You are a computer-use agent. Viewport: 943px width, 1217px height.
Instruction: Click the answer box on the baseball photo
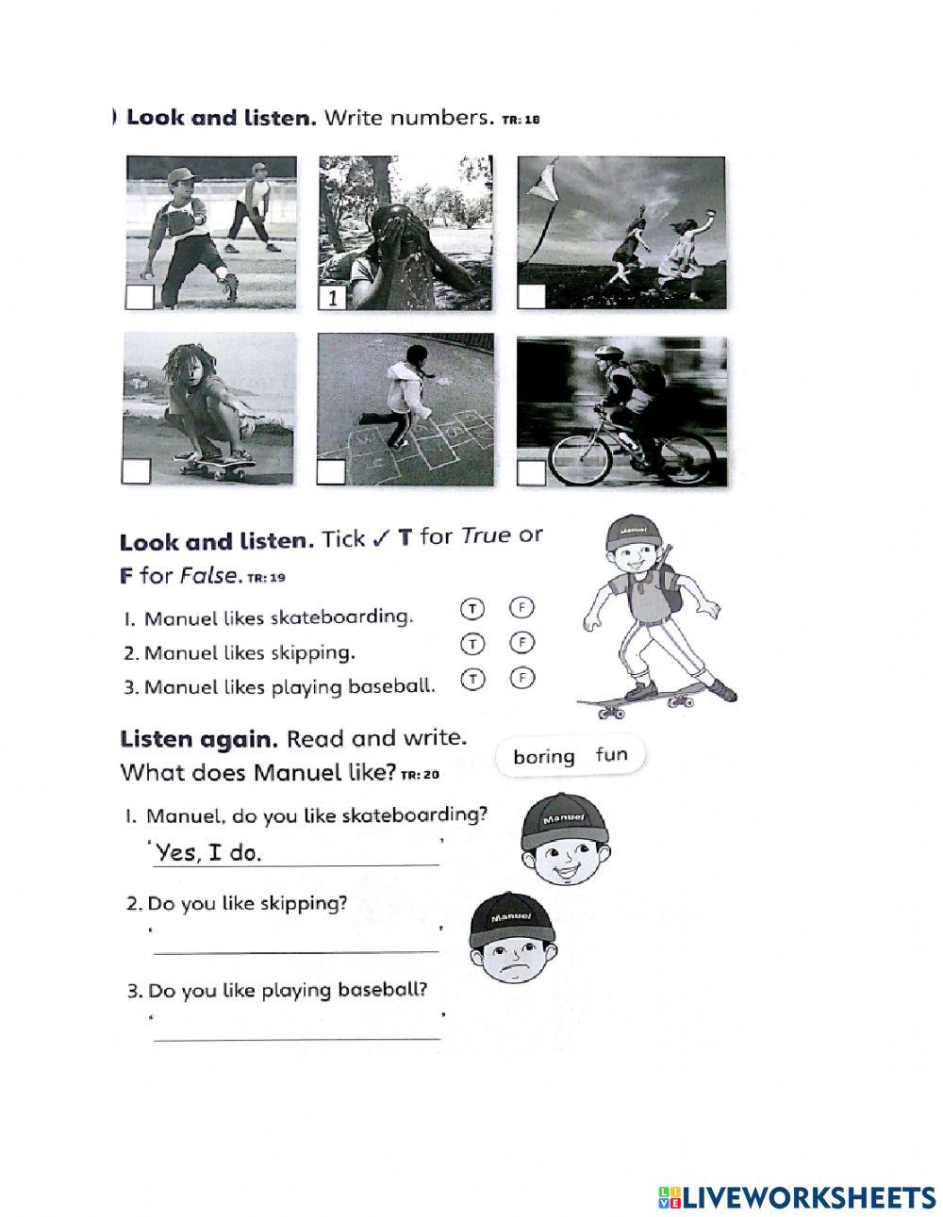point(140,298)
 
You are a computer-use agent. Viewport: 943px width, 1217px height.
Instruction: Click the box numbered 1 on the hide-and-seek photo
point(332,298)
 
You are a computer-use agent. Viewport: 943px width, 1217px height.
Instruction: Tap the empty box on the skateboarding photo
point(138,471)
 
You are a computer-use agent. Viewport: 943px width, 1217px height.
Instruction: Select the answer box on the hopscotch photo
point(331,472)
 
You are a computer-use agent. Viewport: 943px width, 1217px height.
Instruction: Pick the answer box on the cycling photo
point(532,472)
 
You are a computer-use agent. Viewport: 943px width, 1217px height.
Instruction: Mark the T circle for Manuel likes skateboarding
point(471,609)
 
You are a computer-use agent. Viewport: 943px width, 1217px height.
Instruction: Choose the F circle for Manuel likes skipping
point(521,643)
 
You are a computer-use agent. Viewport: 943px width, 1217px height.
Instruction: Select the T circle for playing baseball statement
point(471,678)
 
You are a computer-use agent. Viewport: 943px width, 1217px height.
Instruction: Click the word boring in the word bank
point(544,756)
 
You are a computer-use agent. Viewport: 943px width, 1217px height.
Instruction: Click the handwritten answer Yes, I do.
point(209,853)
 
